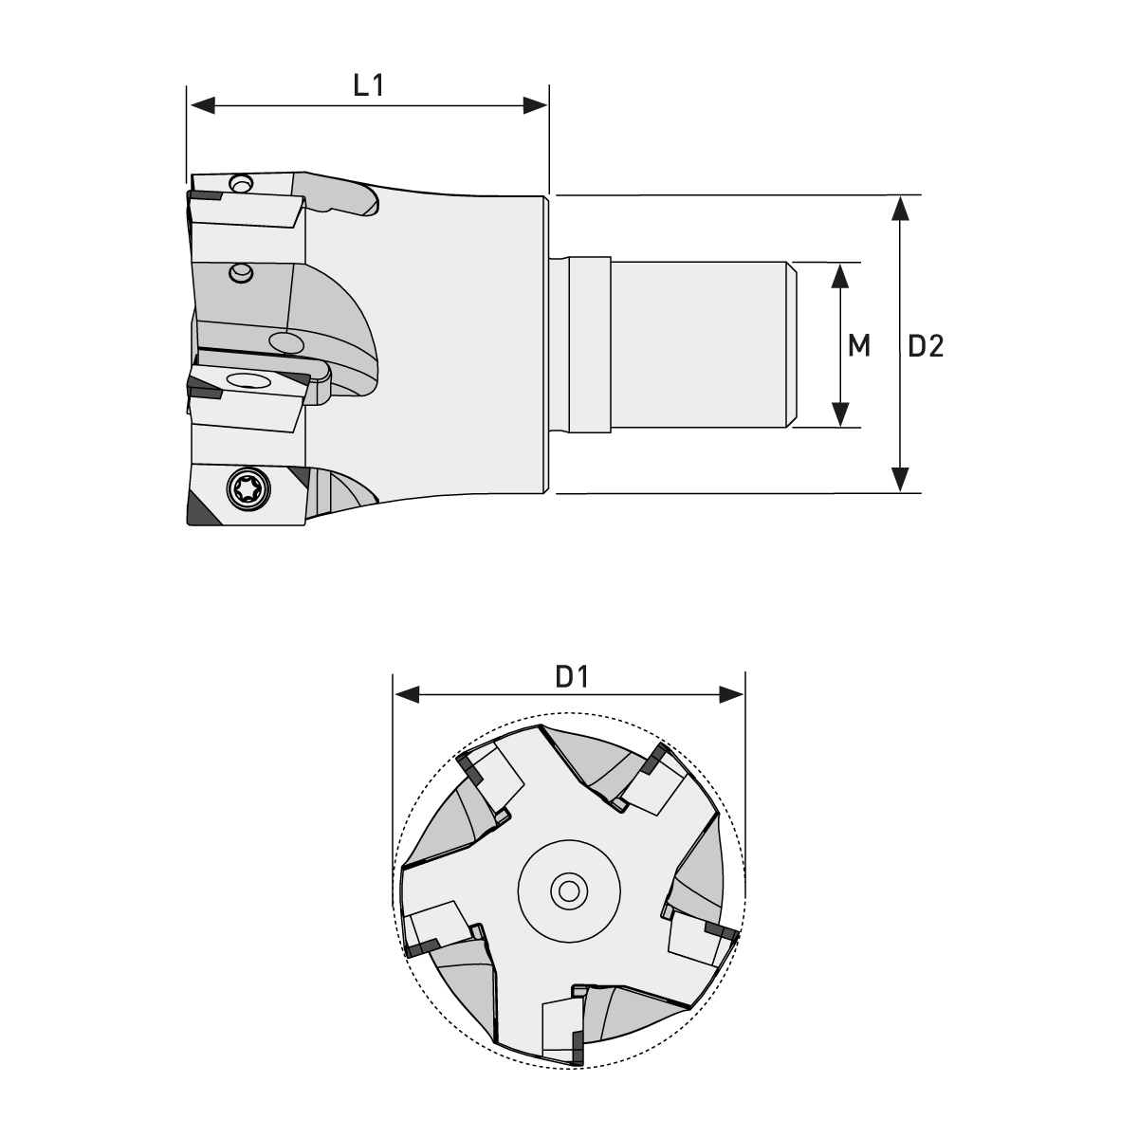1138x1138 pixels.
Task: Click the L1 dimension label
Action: (x=368, y=85)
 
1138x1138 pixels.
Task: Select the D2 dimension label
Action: (x=926, y=346)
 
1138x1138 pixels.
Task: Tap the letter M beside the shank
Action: (x=859, y=346)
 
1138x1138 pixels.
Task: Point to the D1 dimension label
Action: (x=572, y=677)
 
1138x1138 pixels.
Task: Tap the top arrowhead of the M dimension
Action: (x=839, y=275)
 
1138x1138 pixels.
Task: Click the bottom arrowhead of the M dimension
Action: (x=839, y=414)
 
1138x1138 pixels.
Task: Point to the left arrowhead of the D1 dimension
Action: (x=407, y=696)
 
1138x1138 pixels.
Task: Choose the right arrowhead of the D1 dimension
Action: (x=731, y=696)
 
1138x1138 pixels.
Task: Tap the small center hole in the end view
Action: (x=569, y=890)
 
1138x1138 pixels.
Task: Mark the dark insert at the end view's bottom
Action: (x=577, y=1054)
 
